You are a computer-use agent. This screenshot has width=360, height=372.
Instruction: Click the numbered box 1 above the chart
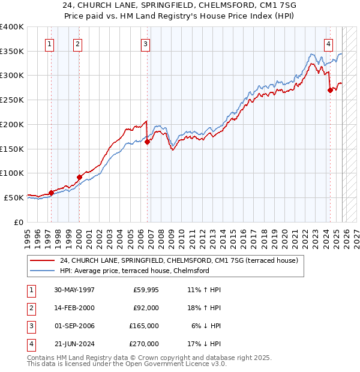point(49,43)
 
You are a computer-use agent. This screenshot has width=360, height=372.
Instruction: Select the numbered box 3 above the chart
point(145,43)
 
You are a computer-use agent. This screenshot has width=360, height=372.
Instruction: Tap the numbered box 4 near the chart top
point(328,43)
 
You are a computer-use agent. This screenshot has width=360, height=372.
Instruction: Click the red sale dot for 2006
point(148,142)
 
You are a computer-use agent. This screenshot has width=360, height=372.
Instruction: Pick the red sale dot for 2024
point(330,91)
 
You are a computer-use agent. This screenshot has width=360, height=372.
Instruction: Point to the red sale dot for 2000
point(79,177)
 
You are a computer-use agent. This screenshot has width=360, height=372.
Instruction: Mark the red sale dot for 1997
point(52,193)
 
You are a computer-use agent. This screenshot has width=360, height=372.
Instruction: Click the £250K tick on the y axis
point(12,100)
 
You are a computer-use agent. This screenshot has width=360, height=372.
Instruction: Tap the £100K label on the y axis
point(12,173)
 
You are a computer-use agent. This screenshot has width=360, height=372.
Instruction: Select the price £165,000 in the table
point(143,326)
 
